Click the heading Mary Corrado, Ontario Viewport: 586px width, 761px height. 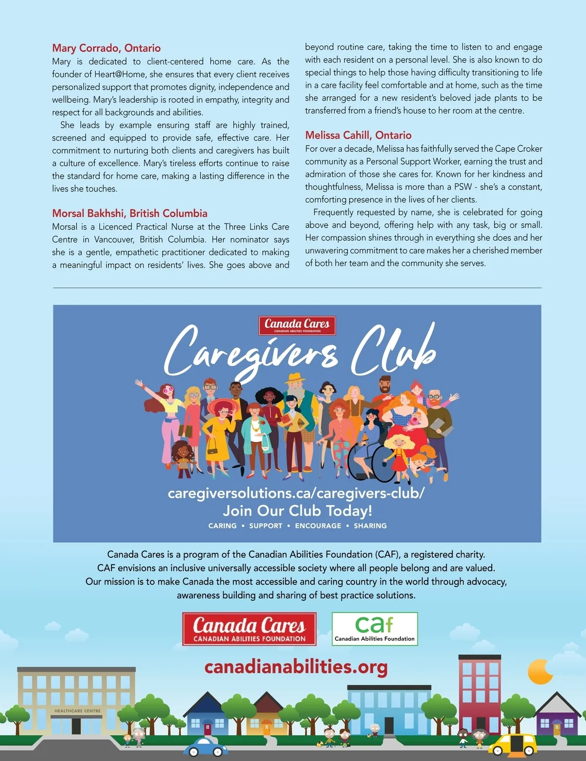[106, 48]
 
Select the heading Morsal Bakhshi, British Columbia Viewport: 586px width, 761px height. [129, 213]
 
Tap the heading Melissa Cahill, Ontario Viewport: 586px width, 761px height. [358, 135]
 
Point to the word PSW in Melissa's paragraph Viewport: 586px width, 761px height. [463, 187]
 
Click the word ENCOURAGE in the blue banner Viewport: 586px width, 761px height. [318, 526]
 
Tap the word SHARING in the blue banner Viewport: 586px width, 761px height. [370, 526]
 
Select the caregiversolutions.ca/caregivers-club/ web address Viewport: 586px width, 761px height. [296, 493]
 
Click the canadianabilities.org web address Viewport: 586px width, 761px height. [296, 667]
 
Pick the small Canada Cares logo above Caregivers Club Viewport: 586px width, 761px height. [297, 325]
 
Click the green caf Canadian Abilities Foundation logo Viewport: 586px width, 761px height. [375, 629]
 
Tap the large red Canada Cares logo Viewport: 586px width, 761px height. [249, 629]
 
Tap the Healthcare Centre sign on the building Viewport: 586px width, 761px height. [77, 711]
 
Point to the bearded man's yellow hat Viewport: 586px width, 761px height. [295, 378]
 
